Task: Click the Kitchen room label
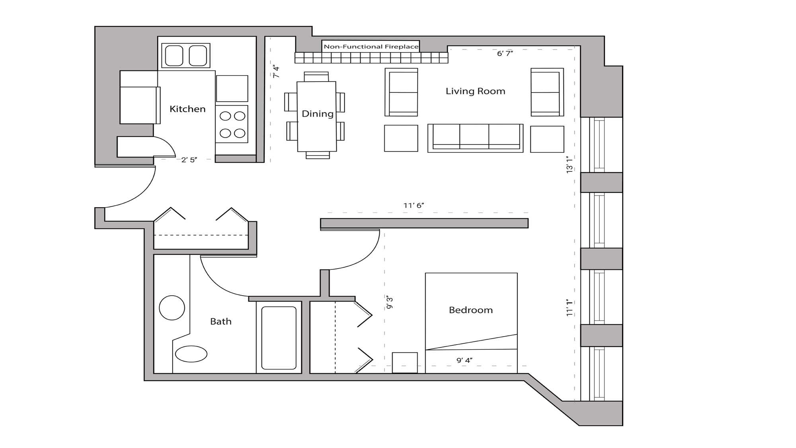pos(187,109)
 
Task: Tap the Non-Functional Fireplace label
pos(371,47)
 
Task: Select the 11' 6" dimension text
pos(414,205)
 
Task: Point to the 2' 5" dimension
pos(189,160)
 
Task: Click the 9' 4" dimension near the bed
pos(464,360)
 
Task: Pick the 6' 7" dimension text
pos(505,53)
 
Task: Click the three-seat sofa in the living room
pos(475,138)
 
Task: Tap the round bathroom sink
pos(172,308)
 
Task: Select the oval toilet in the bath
pos(191,354)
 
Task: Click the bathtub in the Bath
pos(279,338)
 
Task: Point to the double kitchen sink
pos(186,55)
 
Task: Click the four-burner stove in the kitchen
pos(232,124)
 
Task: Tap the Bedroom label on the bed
pos(471,310)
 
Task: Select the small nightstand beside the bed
pos(405,362)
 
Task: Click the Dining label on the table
pos(318,114)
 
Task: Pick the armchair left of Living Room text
pos(401,92)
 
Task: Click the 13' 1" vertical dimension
pos(570,164)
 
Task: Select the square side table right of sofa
pos(547,139)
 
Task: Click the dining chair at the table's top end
pos(316,76)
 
